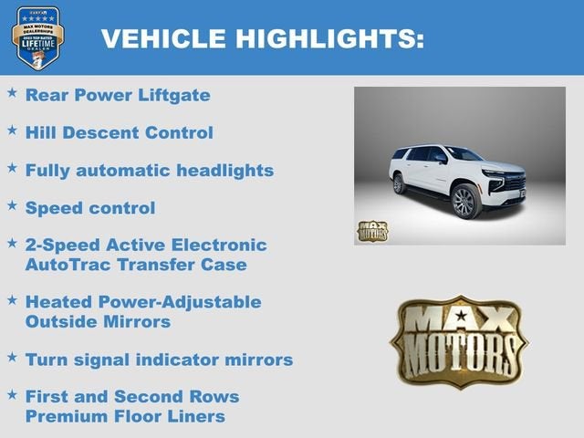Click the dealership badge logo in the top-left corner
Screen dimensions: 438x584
[x=37, y=37]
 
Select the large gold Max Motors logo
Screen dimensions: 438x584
[x=459, y=341]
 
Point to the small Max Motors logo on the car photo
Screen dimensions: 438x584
[x=372, y=230]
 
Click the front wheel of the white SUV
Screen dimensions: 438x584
[x=465, y=201]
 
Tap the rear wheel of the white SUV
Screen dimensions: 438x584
[x=399, y=183]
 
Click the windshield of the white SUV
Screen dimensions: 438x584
[x=464, y=154]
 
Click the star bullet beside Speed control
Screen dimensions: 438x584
[x=12, y=206]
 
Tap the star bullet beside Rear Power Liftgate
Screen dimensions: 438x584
[x=12, y=93]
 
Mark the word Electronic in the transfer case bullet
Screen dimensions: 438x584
[x=224, y=245]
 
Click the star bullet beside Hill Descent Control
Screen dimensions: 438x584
[x=12, y=130]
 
